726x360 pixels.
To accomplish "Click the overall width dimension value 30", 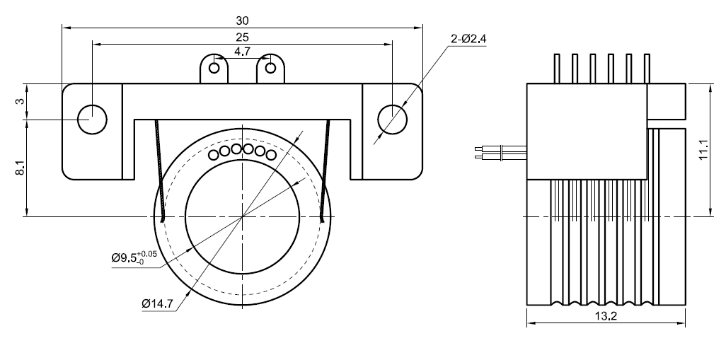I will tap(243, 21).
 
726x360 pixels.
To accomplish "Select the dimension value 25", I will tap(243, 37).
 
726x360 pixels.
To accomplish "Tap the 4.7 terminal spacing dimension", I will tap(242, 52).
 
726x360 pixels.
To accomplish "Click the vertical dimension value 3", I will tap(21, 101).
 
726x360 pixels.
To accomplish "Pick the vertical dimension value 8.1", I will tap(21, 169).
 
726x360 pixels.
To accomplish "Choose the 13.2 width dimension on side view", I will tap(606, 317).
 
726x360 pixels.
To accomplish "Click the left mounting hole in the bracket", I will tap(92, 119).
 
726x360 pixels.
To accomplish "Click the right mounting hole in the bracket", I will tap(393, 119).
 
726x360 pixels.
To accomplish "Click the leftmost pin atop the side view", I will tap(555, 68).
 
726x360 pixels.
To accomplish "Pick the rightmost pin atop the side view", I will tap(645, 68).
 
